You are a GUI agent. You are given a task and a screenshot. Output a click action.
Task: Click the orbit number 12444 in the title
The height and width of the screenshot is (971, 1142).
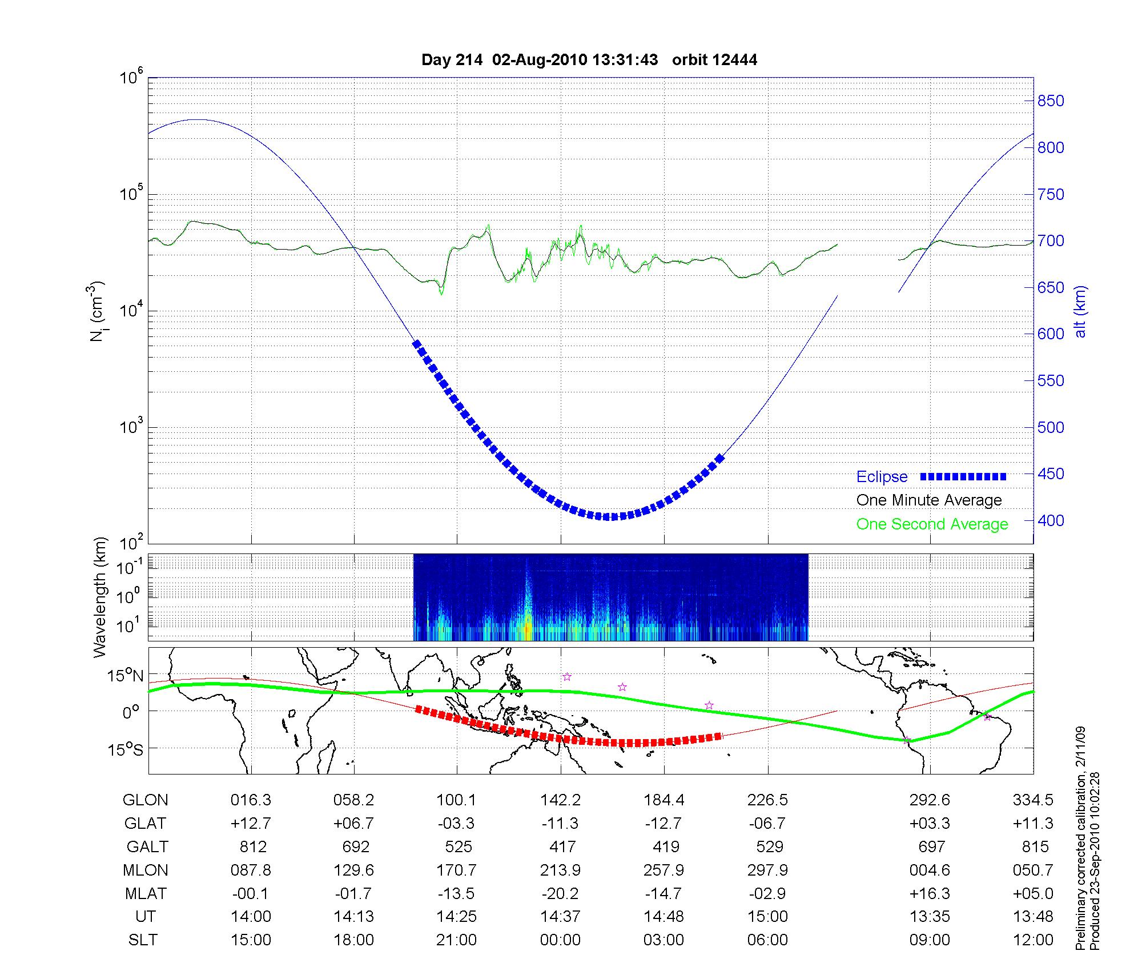tap(735, 60)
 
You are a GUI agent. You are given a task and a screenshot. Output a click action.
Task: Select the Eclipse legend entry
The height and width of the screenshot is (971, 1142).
tap(882, 477)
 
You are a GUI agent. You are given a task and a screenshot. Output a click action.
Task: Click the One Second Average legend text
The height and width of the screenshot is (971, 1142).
tap(932, 524)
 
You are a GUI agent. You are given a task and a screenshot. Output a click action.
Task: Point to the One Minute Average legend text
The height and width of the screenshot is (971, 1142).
tap(929, 500)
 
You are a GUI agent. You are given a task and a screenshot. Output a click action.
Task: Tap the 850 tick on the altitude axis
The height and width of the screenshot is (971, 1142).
tap(1051, 101)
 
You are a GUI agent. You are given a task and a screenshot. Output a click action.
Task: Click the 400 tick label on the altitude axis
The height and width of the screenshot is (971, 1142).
tap(1051, 520)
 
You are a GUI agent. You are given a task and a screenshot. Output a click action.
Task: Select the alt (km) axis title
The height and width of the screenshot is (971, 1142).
tap(1080, 311)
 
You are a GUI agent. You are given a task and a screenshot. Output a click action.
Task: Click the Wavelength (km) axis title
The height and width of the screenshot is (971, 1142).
tap(99, 597)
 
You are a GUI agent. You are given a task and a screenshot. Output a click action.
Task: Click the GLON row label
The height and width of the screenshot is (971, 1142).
tap(145, 800)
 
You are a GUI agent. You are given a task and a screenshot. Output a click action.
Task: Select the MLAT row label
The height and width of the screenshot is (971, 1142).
tap(145, 893)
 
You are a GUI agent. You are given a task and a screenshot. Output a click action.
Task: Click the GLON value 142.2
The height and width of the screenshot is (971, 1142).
tap(560, 800)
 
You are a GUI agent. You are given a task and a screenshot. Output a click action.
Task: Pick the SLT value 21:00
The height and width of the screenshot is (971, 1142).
tap(456, 940)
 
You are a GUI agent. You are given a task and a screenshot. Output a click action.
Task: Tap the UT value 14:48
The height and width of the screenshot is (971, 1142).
tap(664, 917)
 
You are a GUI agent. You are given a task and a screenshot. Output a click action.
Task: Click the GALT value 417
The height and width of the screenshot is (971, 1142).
tap(562, 846)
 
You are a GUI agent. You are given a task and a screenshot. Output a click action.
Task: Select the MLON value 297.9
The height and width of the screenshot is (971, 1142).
tap(767, 870)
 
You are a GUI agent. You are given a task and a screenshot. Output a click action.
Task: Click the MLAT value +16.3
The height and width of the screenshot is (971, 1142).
tap(930, 893)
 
